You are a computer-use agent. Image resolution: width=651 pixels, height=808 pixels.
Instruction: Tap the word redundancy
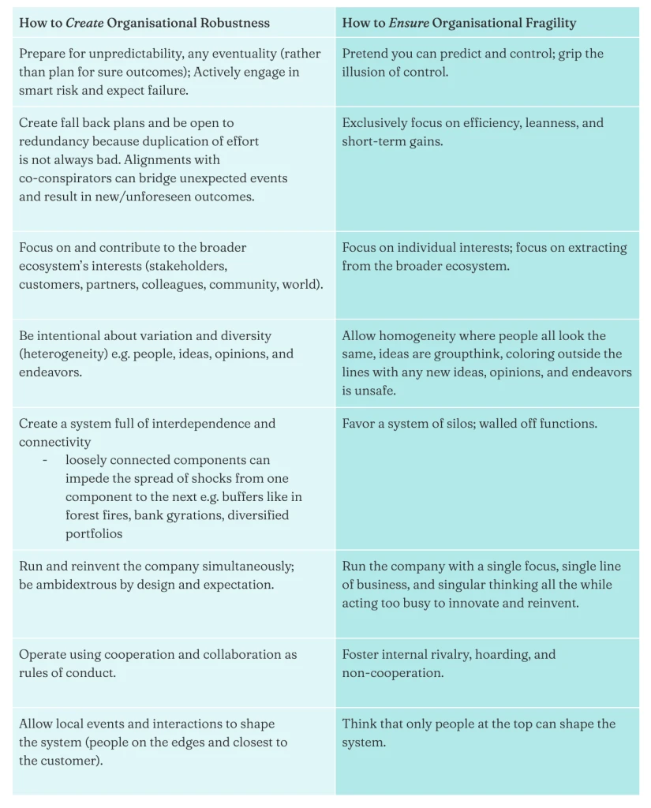(54, 140)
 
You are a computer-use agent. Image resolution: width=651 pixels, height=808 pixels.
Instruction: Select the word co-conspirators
(65, 178)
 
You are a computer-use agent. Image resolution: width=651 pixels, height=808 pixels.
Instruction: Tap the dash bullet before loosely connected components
(46, 460)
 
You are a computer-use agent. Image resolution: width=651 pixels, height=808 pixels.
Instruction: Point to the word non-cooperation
(392, 672)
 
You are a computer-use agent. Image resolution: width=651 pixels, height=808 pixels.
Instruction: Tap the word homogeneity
(417, 335)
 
